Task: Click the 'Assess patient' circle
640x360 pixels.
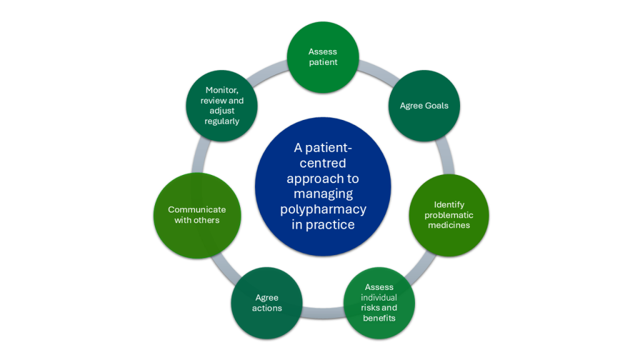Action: (x=322, y=57)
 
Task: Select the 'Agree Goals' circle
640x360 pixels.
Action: (x=424, y=106)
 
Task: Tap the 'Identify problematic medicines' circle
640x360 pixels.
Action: (x=449, y=215)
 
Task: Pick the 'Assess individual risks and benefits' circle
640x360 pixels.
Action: (x=379, y=303)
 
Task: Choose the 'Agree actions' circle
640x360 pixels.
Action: (x=267, y=303)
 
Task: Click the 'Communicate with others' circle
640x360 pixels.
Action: (x=197, y=215)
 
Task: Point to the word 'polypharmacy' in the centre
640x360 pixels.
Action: (x=323, y=209)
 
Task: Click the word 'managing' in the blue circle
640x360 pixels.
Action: (x=323, y=194)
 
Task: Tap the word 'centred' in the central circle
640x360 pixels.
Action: (x=323, y=164)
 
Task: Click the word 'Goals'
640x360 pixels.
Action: (x=436, y=106)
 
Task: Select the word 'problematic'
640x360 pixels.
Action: (x=449, y=215)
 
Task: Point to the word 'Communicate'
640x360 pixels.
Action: (x=197, y=210)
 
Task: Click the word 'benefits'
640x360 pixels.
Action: (x=379, y=318)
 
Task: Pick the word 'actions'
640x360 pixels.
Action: (x=267, y=308)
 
